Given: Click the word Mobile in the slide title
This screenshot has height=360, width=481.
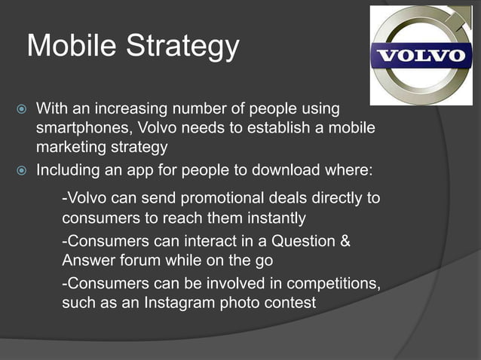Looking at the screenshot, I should (x=70, y=47).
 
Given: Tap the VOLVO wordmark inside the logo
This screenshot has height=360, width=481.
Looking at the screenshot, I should (x=422, y=56).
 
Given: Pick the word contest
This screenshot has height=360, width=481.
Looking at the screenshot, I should (x=290, y=304).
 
